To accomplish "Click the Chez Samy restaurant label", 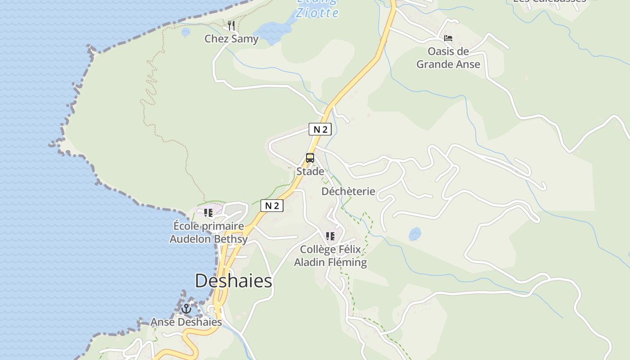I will click(x=231, y=39).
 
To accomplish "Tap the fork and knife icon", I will click(x=231, y=25).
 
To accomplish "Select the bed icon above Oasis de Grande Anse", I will click(x=448, y=38).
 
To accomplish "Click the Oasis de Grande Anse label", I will click(x=448, y=58).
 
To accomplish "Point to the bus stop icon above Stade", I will click(x=310, y=158).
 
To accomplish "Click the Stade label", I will click(x=310, y=171).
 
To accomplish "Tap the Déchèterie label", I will click(x=348, y=191).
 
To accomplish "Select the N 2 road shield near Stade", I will click(x=320, y=130).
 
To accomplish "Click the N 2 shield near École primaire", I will click(x=272, y=206).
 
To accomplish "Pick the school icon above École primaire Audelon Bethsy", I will click(x=208, y=212).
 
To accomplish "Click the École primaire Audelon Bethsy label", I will click(x=208, y=232).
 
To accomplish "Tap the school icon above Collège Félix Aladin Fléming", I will click(x=330, y=236).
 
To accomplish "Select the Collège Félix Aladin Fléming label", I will click(x=330, y=256).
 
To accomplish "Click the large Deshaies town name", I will click(x=234, y=281).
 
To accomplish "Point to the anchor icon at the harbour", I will click(x=186, y=309).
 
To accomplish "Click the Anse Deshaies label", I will click(x=186, y=322).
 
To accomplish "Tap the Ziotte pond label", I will click(x=317, y=12).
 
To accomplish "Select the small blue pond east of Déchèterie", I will click(x=415, y=234).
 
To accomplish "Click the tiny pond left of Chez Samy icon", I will click(x=185, y=32).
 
